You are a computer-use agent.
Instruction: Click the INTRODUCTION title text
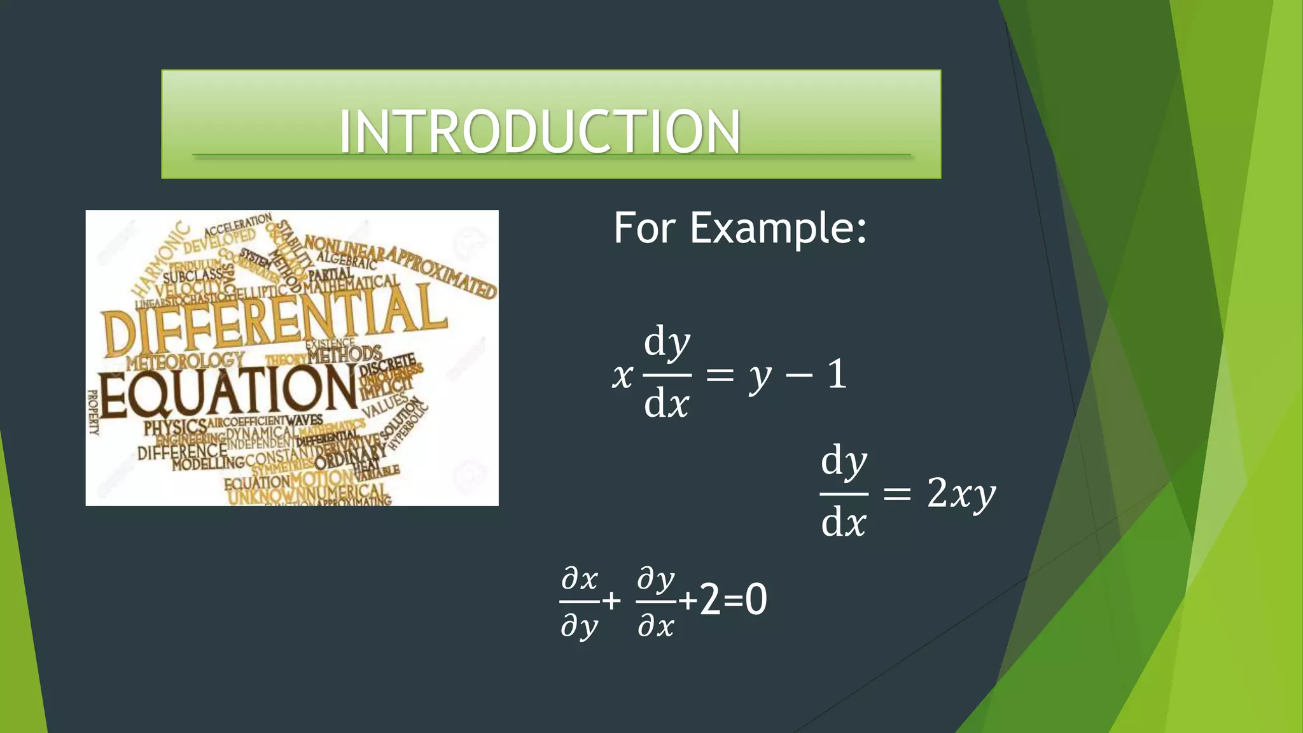coord(540,131)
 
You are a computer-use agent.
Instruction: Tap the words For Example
coord(739,228)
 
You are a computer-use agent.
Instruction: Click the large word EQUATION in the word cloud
coord(228,390)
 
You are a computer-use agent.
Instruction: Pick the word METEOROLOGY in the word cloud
coord(185,361)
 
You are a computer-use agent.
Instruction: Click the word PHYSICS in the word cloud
coord(174,428)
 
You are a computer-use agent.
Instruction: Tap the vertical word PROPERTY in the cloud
coord(94,412)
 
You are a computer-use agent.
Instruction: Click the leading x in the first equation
coord(622,375)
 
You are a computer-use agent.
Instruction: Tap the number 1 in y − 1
coord(837,374)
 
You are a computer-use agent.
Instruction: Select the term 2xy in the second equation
coord(961,493)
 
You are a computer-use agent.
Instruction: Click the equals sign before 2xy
coord(897,494)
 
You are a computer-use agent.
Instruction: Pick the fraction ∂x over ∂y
coord(580,602)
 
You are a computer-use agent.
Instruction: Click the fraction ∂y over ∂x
coord(656,602)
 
